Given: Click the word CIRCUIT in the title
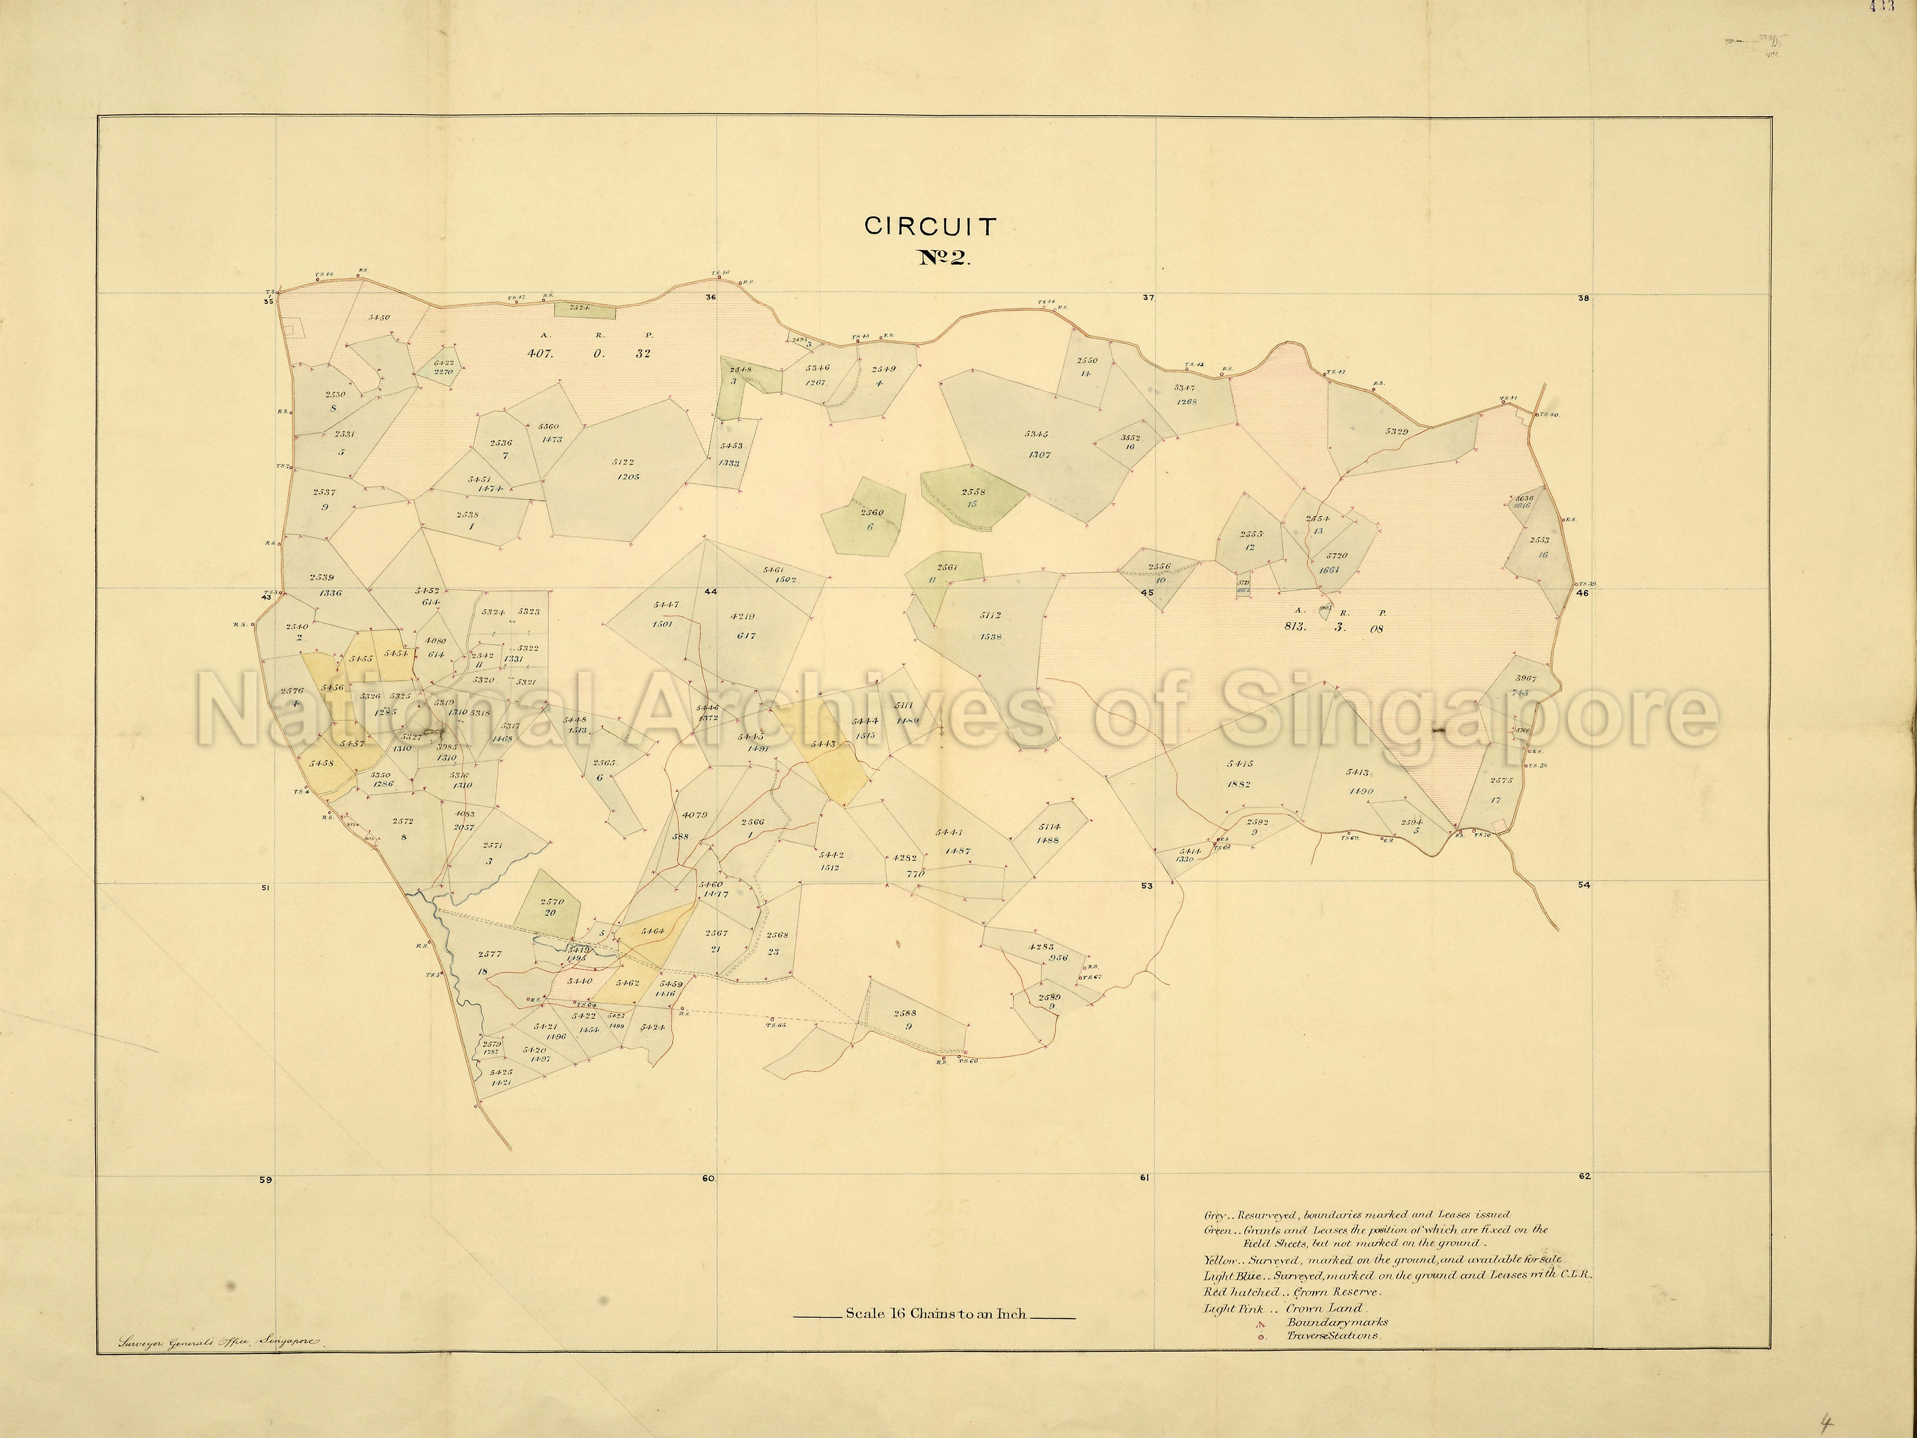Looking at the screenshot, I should point(930,227).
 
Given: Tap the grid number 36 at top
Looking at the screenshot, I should point(711,297).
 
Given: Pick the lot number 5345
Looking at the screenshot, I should point(1036,433).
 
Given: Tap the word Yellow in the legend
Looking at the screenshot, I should point(1219,1259).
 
